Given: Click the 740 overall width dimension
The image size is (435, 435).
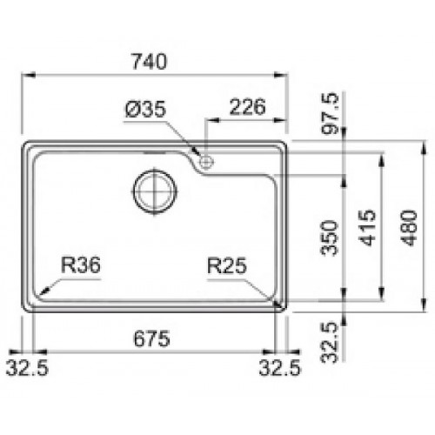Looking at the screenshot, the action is tap(150, 62).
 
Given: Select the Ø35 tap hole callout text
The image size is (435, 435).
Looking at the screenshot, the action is tap(145, 110).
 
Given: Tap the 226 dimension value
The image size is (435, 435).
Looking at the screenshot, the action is tap(247, 107).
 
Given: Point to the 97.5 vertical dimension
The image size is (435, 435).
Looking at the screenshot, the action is tap(330, 113).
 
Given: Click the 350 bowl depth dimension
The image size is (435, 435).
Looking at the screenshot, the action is tap(330, 238).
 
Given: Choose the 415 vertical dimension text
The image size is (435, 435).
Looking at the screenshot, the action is tap(367, 228).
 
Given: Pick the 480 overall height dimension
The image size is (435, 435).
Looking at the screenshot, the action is tap(409, 228).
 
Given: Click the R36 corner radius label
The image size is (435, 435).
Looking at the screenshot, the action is tap(81, 265).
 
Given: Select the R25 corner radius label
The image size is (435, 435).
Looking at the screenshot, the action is tap(227, 265).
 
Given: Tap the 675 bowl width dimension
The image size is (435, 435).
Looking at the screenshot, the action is tap(151, 338).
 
